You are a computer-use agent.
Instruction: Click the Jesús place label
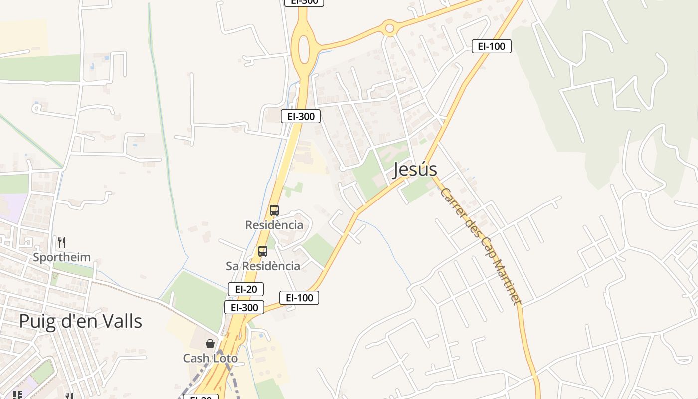tap(414, 170)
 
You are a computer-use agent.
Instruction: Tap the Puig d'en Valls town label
tap(80, 321)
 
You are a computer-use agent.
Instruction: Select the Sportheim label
tap(62, 257)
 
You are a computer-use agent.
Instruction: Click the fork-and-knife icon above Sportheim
tap(62, 242)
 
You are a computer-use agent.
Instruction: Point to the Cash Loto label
tap(210, 358)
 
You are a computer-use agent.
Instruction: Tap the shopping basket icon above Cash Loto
tap(210, 344)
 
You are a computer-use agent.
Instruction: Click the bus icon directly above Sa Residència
tap(263, 251)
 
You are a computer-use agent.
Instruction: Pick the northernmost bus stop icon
tap(274, 210)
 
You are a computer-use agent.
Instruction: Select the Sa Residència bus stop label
tap(263, 266)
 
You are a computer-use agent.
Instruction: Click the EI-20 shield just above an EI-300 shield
tap(246, 289)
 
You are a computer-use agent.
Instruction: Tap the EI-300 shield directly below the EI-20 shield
tap(244, 307)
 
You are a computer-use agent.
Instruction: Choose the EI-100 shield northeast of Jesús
tap(491, 46)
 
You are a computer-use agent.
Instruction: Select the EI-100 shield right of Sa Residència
tap(299, 298)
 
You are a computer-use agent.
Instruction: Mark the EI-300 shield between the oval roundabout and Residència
tap(301, 116)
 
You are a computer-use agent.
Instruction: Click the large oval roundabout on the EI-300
tap(304, 49)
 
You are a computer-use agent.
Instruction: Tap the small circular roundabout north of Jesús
tap(390, 28)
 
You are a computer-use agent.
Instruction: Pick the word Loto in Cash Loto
tap(225, 358)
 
